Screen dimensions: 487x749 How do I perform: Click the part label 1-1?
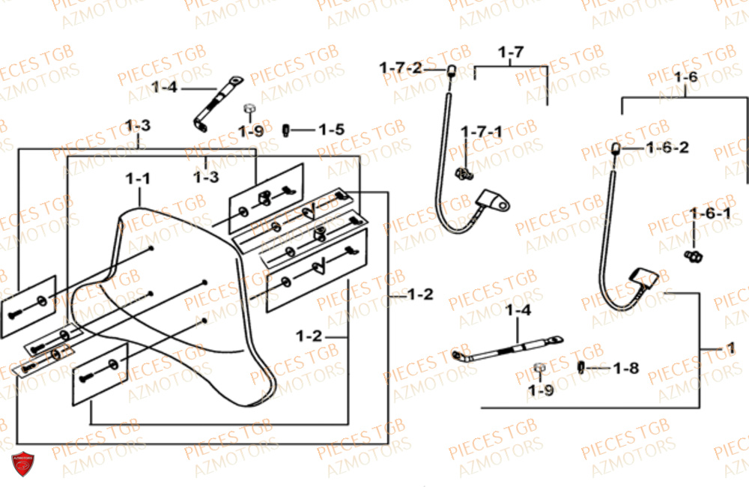[x=137, y=179]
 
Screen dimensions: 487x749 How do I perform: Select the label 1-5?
[x=331, y=130]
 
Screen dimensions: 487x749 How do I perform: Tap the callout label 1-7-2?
[x=400, y=68]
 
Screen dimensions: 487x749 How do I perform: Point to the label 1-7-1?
[x=482, y=132]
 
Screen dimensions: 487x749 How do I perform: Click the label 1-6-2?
[x=667, y=148]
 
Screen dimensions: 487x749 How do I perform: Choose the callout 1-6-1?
[x=711, y=214]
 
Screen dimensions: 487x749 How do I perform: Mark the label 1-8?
[x=626, y=368]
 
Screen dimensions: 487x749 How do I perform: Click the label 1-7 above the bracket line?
[x=511, y=52]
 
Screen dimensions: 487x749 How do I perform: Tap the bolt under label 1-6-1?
[x=695, y=257]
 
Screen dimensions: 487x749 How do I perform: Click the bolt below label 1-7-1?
[x=465, y=175]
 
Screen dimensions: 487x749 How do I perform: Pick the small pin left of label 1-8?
[x=582, y=367]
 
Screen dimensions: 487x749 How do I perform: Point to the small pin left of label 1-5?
[x=285, y=130]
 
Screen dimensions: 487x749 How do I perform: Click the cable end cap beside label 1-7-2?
[x=452, y=71]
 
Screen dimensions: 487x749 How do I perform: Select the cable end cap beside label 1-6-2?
[x=616, y=148]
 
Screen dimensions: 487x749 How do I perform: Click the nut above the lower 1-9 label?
[x=538, y=368]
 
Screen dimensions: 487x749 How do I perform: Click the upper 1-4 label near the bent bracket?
[x=164, y=88]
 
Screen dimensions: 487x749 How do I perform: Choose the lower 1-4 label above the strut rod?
[x=518, y=310]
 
